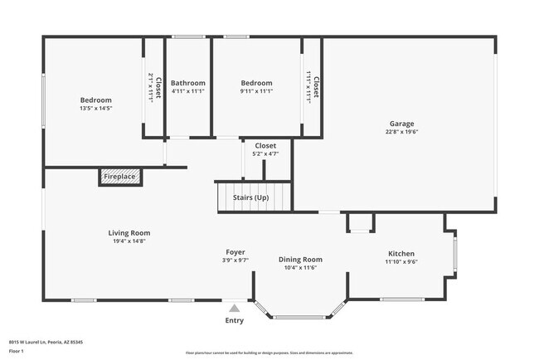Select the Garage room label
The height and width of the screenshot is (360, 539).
point(401,124)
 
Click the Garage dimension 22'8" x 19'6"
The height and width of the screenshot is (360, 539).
point(401,132)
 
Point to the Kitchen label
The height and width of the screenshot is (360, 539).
point(401,254)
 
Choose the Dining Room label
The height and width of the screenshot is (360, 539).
point(300,260)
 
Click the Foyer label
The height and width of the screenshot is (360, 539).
point(236,252)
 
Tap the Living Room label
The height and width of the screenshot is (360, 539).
point(129,233)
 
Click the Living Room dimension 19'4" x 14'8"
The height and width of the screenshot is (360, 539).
point(129,241)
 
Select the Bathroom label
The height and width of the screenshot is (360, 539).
point(188,83)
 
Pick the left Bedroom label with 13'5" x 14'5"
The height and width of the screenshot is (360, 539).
point(95,100)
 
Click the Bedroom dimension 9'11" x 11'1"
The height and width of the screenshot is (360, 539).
point(256,91)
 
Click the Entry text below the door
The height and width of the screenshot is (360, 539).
point(235,321)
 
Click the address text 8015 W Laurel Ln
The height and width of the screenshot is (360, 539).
point(46,341)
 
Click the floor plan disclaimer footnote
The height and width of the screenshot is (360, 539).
point(269,353)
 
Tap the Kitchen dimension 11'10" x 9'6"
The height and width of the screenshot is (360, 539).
point(401,262)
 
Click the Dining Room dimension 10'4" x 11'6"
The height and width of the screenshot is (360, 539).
point(300,268)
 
